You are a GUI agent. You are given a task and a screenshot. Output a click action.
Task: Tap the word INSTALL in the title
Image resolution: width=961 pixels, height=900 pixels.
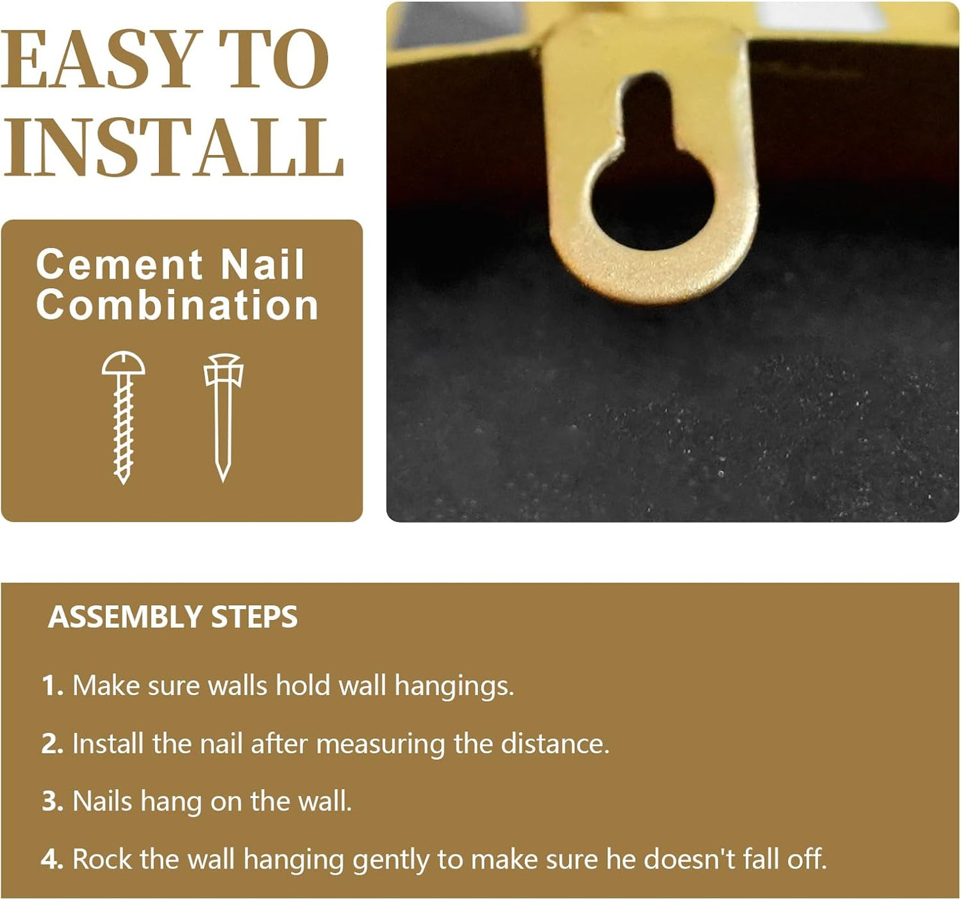pyautogui.click(x=173, y=147)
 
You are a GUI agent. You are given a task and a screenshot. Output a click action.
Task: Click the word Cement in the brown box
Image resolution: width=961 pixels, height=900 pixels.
pyautogui.click(x=119, y=265)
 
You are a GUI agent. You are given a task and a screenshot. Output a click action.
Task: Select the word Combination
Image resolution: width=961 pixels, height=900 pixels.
pyautogui.click(x=177, y=305)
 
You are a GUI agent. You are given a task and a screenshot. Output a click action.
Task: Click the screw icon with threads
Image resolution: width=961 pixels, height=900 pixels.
pyautogui.click(x=124, y=417)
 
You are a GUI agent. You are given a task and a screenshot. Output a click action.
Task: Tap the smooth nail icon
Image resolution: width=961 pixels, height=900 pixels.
pyautogui.click(x=223, y=417)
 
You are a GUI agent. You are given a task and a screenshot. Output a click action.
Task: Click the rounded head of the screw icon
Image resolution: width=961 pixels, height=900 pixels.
pyautogui.click(x=124, y=363)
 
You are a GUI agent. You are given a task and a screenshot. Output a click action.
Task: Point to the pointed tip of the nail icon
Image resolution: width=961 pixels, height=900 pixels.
pyautogui.click(x=223, y=480)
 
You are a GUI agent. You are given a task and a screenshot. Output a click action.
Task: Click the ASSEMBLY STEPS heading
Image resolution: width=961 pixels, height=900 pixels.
pyautogui.click(x=173, y=617)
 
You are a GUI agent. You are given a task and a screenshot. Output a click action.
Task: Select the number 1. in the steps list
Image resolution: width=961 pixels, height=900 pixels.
pyautogui.click(x=53, y=686)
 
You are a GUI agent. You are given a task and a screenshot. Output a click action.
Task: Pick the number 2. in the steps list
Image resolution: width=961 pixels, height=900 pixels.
pyautogui.click(x=53, y=744)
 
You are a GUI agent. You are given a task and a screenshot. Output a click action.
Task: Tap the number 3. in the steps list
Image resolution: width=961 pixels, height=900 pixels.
pyautogui.click(x=53, y=802)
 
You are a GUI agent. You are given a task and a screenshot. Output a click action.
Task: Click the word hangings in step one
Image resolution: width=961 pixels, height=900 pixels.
pyautogui.click(x=454, y=686)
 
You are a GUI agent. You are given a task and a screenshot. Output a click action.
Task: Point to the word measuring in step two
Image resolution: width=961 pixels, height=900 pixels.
pyautogui.click(x=380, y=744)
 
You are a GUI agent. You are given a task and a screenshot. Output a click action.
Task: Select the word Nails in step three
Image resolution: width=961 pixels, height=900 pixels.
pyautogui.click(x=102, y=802)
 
